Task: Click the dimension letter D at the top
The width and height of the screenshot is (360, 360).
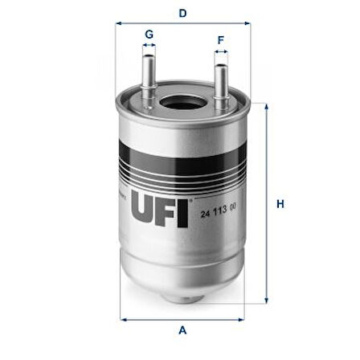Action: point(182,13)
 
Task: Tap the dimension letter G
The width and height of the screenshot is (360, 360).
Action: point(149,35)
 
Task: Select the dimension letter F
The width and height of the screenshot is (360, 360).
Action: point(221,40)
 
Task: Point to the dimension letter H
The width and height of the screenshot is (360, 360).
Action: point(280,204)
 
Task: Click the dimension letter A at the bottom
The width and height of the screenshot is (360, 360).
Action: point(182,330)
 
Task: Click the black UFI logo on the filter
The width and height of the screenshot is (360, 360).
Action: point(160,209)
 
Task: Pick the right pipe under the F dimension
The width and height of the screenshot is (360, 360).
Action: point(221,86)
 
